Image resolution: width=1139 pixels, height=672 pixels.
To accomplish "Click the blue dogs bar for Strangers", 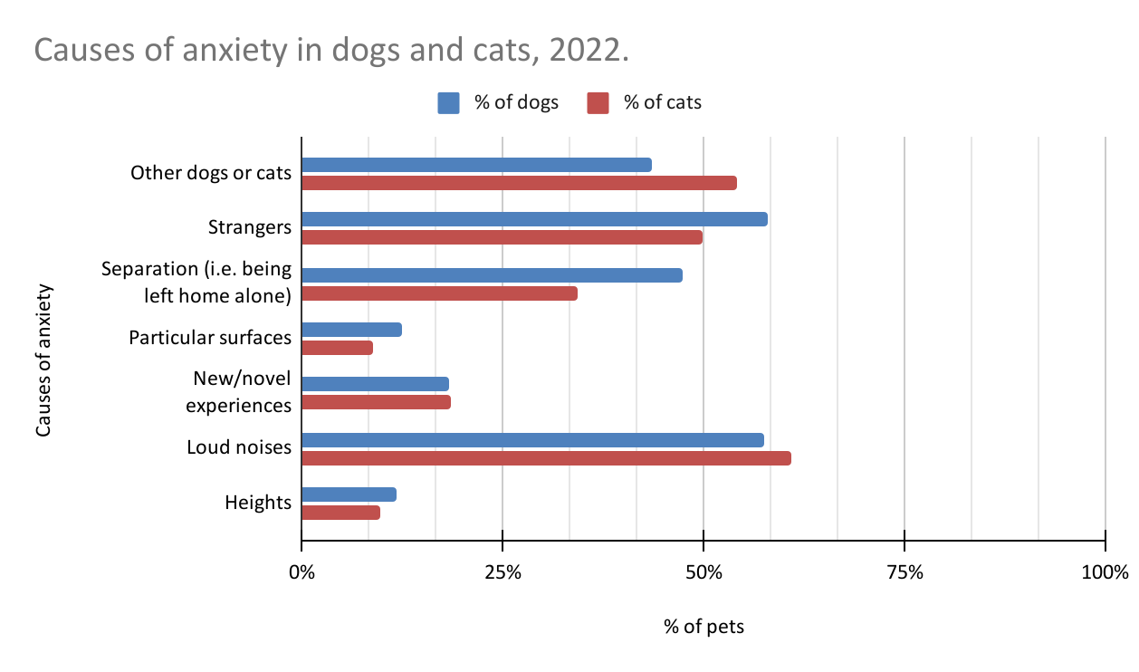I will click(534, 219).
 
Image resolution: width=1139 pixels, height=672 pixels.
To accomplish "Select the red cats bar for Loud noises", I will click(546, 458).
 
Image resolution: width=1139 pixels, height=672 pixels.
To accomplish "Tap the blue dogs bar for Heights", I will click(349, 494).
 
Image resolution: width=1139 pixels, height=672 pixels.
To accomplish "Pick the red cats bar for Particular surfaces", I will click(337, 348).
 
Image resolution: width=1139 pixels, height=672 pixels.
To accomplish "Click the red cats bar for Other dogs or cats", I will click(519, 183).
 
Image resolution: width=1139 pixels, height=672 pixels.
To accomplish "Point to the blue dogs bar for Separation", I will click(492, 275).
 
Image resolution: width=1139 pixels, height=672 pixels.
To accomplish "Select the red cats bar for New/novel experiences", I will click(376, 402).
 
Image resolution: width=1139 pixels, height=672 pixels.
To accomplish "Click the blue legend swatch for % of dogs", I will click(449, 103).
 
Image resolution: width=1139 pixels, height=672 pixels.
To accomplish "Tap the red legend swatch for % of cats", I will click(598, 103).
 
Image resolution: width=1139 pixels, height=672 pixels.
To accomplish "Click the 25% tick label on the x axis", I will click(502, 572).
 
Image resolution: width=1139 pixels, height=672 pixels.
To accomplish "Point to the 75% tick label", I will click(904, 572).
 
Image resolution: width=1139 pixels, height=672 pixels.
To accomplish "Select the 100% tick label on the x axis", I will click(1105, 572).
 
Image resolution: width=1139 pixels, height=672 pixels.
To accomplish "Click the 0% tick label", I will click(301, 572).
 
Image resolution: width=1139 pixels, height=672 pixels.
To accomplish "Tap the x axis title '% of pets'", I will click(703, 627).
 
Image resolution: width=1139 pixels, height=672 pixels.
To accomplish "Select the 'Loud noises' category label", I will click(239, 446).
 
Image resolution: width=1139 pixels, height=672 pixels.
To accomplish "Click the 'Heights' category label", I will click(258, 502).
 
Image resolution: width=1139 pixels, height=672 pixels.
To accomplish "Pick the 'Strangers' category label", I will click(249, 226).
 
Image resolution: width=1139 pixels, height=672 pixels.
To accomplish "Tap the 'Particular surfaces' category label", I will click(210, 338).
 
